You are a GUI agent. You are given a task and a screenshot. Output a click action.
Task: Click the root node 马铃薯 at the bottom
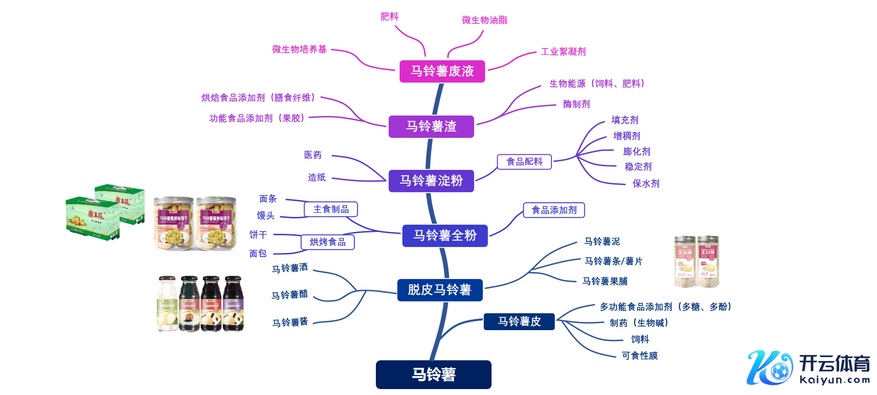[x=433, y=374]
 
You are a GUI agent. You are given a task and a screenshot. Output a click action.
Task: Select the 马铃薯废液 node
[x=442, y=71]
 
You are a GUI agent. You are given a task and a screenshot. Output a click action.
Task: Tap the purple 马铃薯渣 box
[x=431, y=126]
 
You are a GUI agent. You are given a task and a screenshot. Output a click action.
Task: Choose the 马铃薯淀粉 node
[x=431, y=181]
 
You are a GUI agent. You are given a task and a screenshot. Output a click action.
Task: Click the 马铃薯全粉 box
[x=445, y=236]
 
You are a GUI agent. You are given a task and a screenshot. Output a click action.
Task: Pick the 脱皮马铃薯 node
[x=439, y=290]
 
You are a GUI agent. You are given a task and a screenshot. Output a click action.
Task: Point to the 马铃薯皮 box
[x=519, y=321]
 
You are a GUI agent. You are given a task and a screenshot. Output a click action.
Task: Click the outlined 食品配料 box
[x=524, y=162]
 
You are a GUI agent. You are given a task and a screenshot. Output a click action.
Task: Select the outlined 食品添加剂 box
[x=554, y=210]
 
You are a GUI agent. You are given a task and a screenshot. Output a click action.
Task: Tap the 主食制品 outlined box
[x=331, y=209]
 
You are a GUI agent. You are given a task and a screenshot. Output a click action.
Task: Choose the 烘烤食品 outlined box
[x=327, y=242]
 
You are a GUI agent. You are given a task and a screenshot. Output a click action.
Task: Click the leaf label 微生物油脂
[x=484, y=20]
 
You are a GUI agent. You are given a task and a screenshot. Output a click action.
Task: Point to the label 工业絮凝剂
[x=563, y=52]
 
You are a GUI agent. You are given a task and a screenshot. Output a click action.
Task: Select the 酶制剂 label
[x=576, y=104]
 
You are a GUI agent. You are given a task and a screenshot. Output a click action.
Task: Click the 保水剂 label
[x=646, y=184]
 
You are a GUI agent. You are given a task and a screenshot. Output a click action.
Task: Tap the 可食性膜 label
[x=640, y=356]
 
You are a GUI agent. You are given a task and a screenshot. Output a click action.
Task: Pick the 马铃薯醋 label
[x=289, y=295]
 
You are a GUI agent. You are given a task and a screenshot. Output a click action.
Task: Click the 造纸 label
[x=316, y=178]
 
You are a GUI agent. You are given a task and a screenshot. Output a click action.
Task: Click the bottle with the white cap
[x=167, y=303]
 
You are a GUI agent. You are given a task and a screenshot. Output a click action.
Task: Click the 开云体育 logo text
[x=834, y=363]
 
